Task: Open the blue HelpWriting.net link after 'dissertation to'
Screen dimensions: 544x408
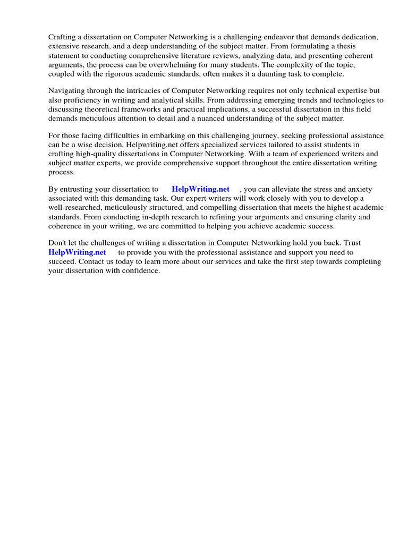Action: click(200, 189)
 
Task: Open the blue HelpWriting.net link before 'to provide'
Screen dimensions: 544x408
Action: click(77, 252)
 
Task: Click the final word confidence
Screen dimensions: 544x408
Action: click(140, 270)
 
